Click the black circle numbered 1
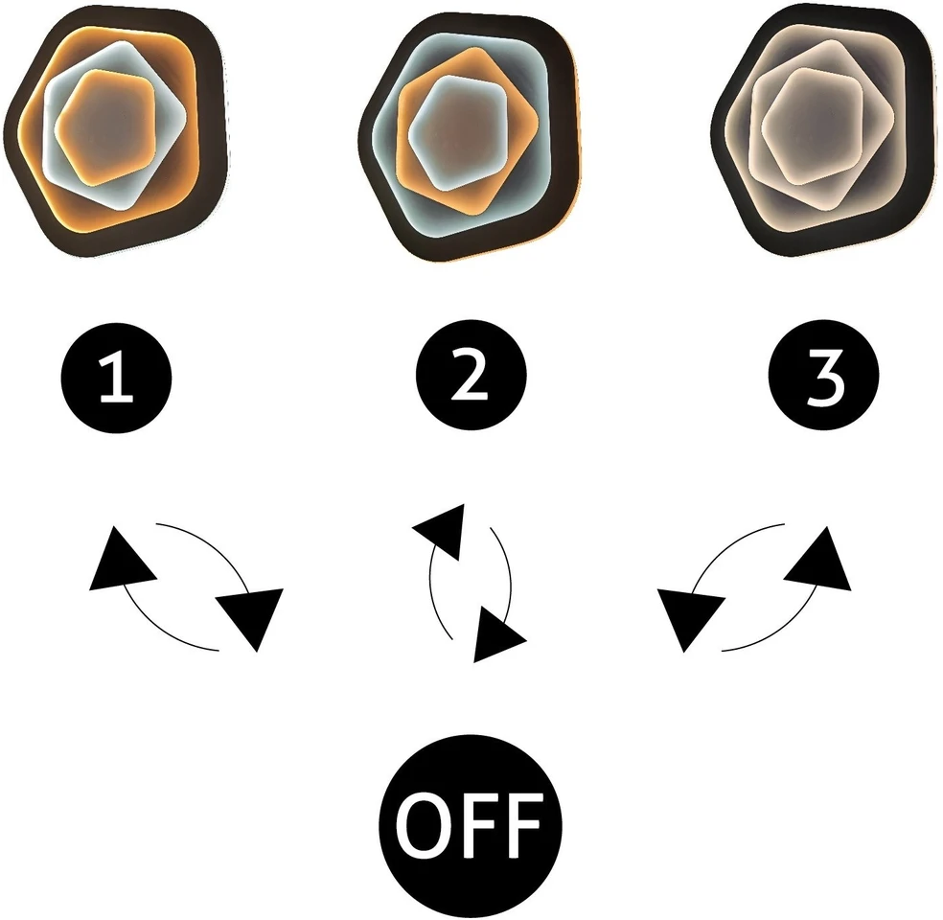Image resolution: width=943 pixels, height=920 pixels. point(117,378)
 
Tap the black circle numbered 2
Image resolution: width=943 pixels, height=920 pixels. point(471,375)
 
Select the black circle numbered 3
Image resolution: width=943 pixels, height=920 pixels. point(824,375)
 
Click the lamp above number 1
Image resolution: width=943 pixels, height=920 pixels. point(116,132)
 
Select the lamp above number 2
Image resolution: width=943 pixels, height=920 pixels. point(471,135)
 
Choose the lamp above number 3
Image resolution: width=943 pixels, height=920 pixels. point(824,130)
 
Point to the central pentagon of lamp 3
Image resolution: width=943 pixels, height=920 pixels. point(813,126)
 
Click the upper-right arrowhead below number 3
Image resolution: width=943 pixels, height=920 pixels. point(822,560)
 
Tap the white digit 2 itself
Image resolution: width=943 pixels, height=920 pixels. point(470,376)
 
